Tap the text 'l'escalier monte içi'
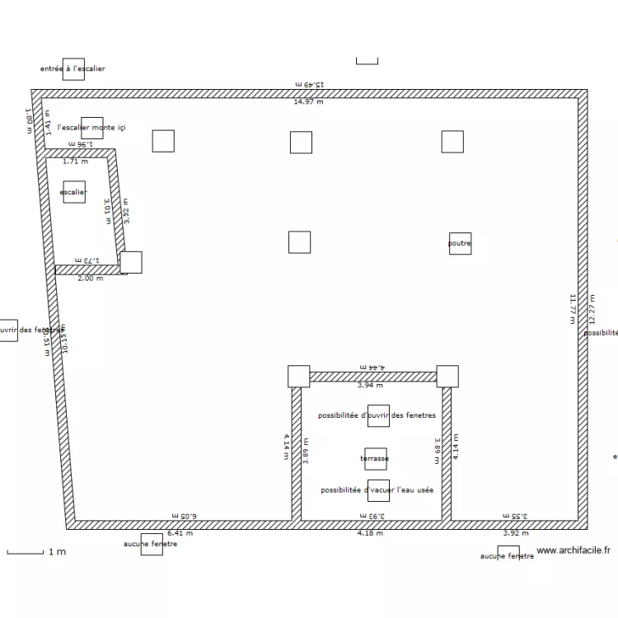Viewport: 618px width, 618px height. pyautogui.click(x=91, y=128)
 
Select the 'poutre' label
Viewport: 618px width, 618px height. pyautogui.click(x=460, y=244)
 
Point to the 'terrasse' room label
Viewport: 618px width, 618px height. pyautogui.click(x=375, y=458)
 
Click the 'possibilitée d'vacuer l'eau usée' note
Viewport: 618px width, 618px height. pyautogui.click(x=377, y=490)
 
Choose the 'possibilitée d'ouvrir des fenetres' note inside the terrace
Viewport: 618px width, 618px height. pyautogui.click(x=377, y=415)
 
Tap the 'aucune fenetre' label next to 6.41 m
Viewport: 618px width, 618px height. pyautogui.click(x=150, y=544)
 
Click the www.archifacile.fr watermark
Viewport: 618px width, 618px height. pyautogui.click(x=574, y=550)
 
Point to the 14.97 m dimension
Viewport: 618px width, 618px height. pyautogui.click(x=309, y=102)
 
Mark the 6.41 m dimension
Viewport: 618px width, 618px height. pyautogui.click(x=179, y=533)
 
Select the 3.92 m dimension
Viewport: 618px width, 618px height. pyautogui.click(x=516, y=533)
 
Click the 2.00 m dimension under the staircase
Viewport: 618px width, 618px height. pyautogui.click(x=90, y=279)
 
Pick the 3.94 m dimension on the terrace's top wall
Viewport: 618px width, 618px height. pyautogui.click(x=370, y=385)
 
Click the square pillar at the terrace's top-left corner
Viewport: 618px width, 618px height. pyautogui.click(x=298, y=377)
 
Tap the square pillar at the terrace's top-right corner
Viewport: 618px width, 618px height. pyautogui.click(x=447, y=377)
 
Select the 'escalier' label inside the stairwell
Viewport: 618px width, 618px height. pyautogui.click(x=73, y=193)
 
